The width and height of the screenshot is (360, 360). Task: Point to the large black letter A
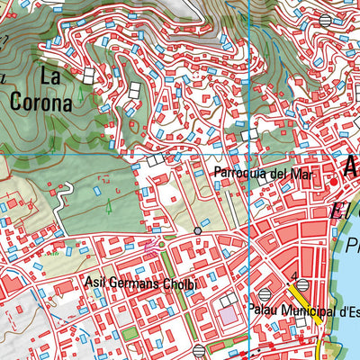tap(351, 166)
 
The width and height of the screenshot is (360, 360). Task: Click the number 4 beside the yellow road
tap(294, 276)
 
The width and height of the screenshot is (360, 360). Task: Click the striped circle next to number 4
tap(303, 285)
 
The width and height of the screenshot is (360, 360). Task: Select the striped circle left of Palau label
tap(264, 294)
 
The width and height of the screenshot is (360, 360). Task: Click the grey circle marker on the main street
tap(198, 232)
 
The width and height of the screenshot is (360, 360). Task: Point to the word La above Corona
tap(52, 77)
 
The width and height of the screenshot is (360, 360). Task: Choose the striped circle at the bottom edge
tap(199, 350)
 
